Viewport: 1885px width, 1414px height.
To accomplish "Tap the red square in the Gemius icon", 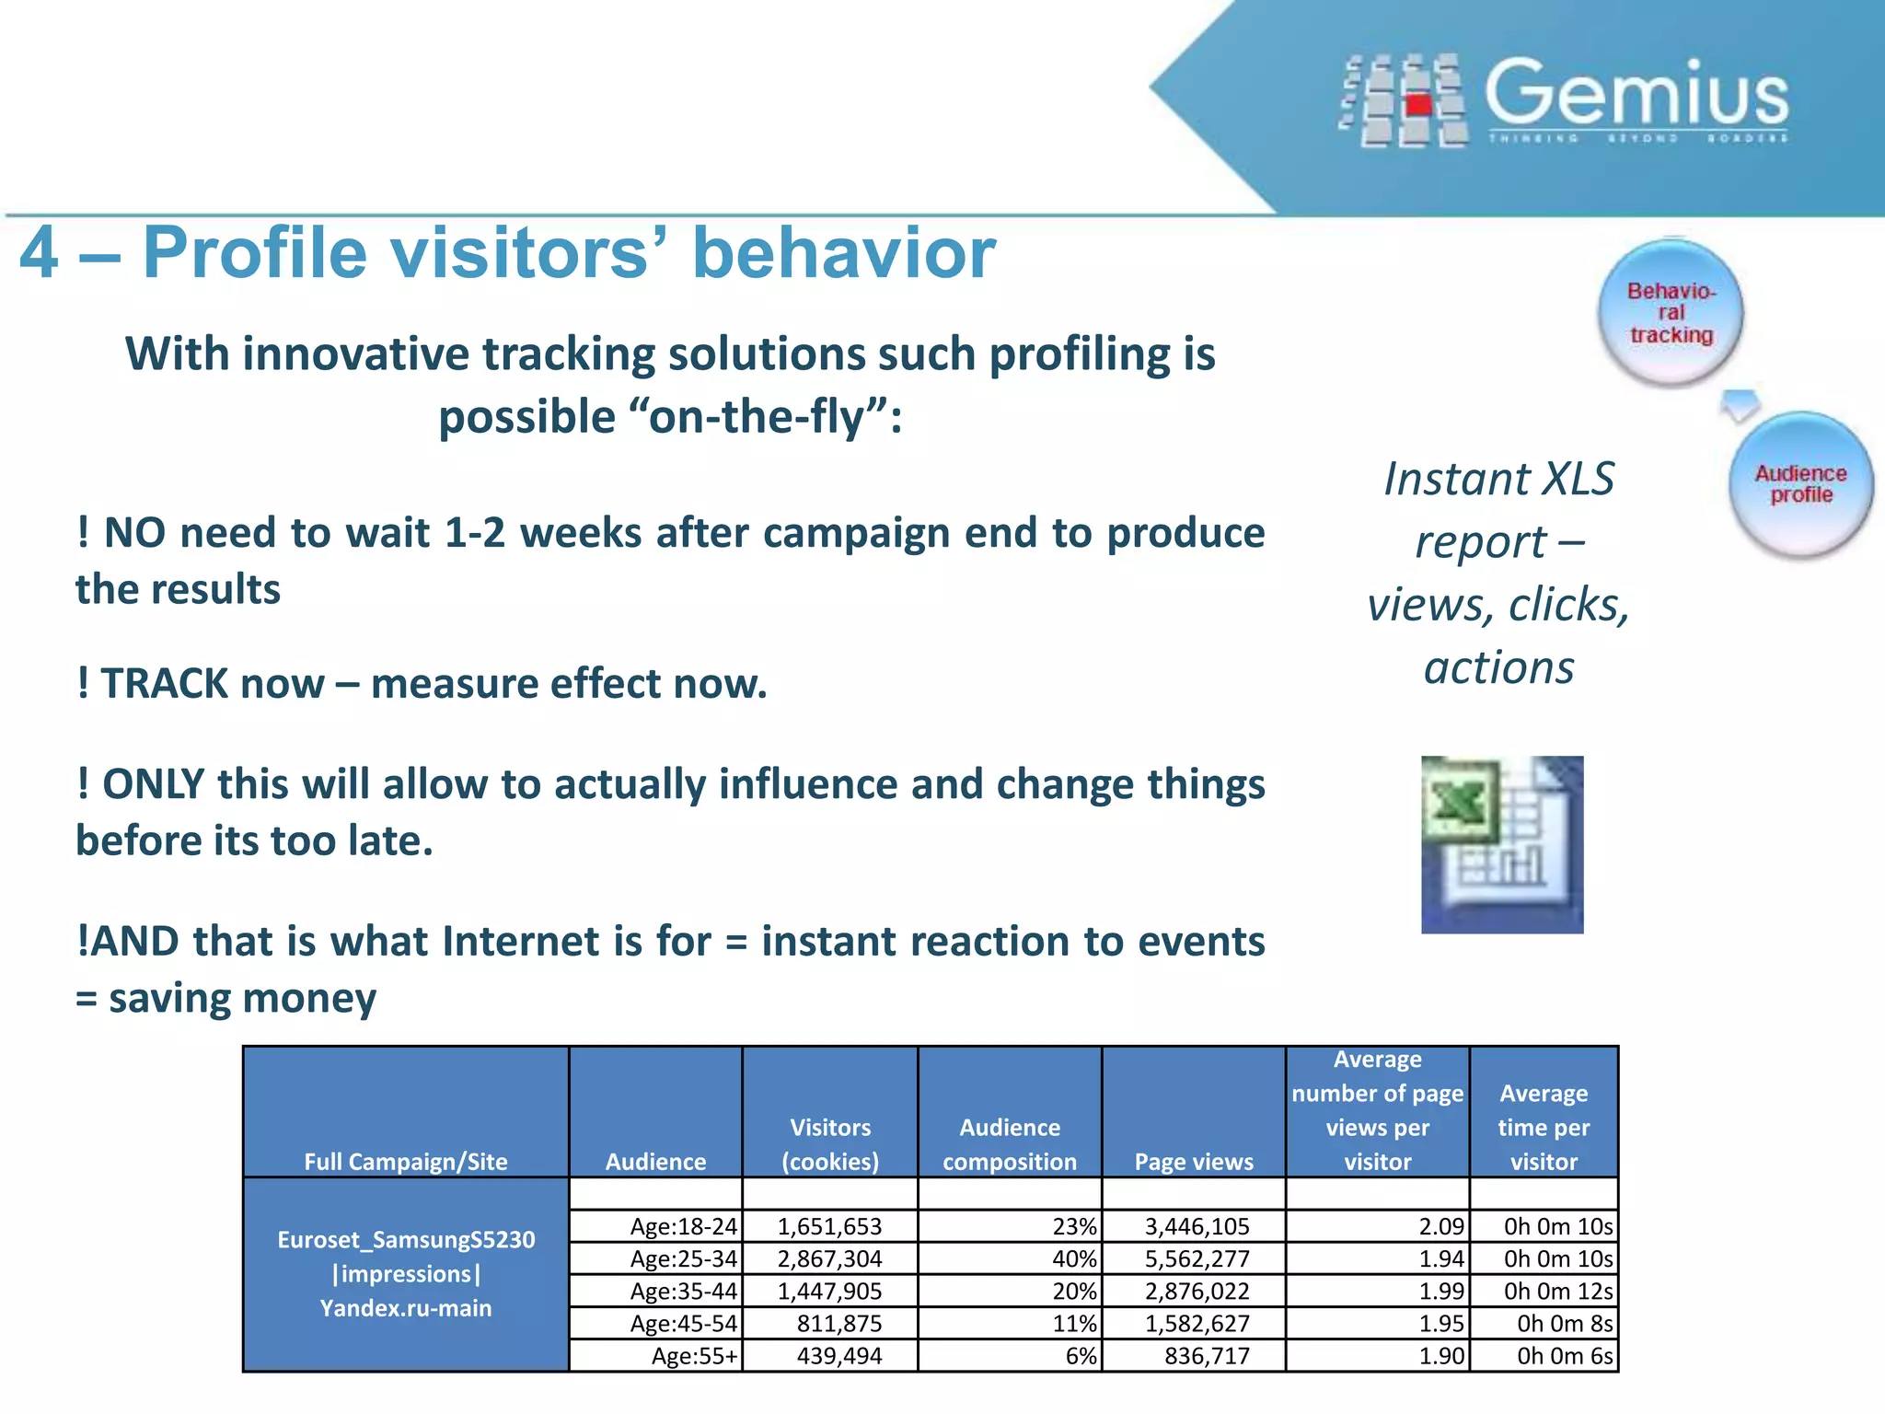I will [x=1418, y=103].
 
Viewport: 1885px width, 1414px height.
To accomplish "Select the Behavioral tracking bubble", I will [x=1671, y=313].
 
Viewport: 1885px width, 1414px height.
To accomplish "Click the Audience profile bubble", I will [x=1800, y=484].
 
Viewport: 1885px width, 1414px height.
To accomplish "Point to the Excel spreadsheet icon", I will [x=1502, y=844].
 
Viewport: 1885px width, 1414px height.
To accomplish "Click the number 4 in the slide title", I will [x=40, y=253].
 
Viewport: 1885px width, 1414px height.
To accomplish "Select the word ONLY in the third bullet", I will [x=153, y=784].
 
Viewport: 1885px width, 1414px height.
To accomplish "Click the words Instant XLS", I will [x=1498, y=480].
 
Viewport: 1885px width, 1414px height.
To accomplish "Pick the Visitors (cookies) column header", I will [x=829, y=1144].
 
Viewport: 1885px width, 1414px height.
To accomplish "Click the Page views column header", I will [x=1194, y=1162].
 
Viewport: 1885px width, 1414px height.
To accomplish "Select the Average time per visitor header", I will [x=1544, y=1128].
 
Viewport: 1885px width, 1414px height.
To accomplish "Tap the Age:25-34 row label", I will [x=683, y=1258].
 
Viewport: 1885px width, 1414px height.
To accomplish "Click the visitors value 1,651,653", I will [x=829, y=1226].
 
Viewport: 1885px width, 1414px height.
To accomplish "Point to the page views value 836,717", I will [x=1207, y=1356].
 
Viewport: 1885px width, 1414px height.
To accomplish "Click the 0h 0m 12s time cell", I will [x=1557, y=1291].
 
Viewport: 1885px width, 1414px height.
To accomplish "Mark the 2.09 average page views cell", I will [x=1440, y=1226].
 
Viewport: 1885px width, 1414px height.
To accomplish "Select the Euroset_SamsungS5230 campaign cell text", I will [x=406, y=1240].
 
